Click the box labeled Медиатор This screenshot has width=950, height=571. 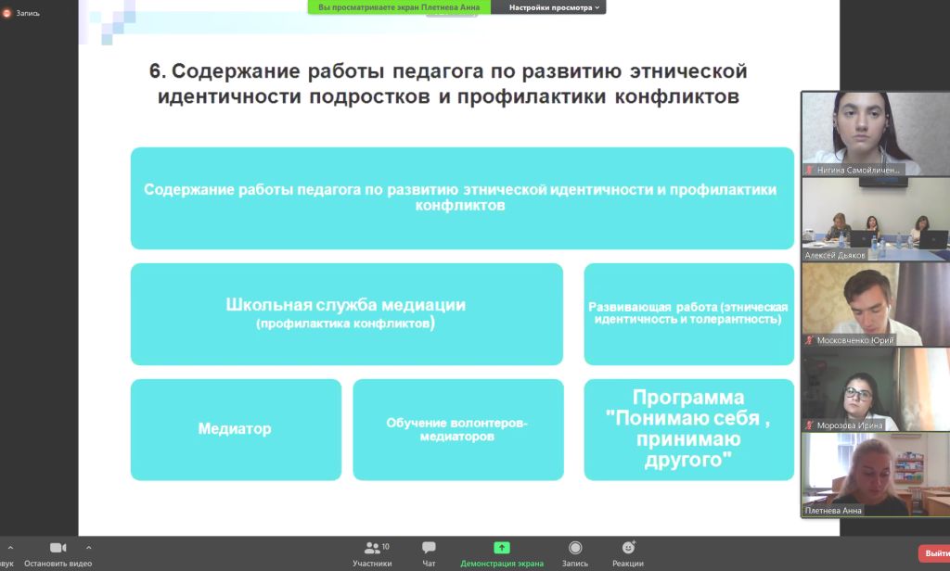point(236,429)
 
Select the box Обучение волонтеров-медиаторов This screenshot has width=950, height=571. point(458,429)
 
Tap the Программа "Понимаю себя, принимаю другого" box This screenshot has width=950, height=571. point(689,429)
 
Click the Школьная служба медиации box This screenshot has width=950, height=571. point(347,313)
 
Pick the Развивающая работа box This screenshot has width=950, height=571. point(689,313)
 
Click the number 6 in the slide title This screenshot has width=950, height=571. point(155,71)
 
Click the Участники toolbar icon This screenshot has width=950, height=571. point(372,548)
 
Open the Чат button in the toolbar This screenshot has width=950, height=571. point(429,548)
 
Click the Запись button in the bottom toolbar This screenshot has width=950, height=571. point(575,548)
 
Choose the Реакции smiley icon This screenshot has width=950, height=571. point(628,548)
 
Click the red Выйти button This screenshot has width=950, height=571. point(935,553)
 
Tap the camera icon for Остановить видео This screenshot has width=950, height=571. point(58,548)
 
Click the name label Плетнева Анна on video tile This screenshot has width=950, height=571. point(833,511)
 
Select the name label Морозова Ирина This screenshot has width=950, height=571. point(850,425)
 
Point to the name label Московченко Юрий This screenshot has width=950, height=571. point(854,340)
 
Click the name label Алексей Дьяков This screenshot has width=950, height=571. point(834,256)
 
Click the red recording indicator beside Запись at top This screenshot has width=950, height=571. point(6,13)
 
